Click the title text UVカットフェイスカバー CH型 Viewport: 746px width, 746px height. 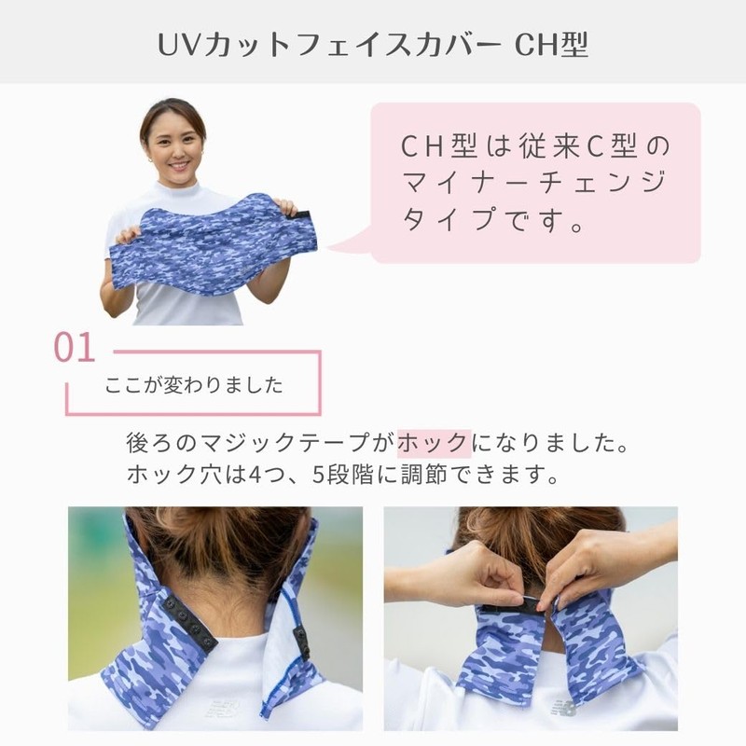pos(372,44)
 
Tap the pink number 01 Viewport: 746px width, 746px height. pos(75,348)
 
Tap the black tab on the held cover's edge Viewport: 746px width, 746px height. pos(310,218)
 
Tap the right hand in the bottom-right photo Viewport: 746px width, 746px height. pos(597,564)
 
